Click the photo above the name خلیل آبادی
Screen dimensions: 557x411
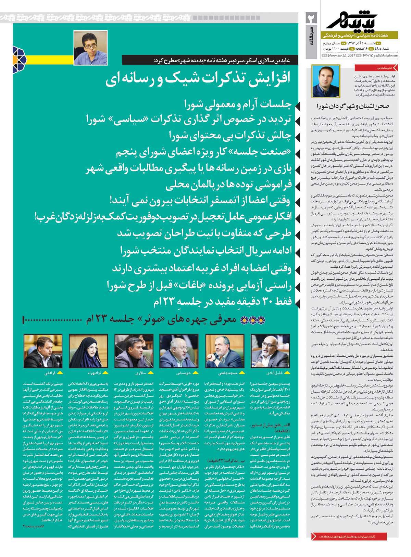[x=265, y=351]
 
